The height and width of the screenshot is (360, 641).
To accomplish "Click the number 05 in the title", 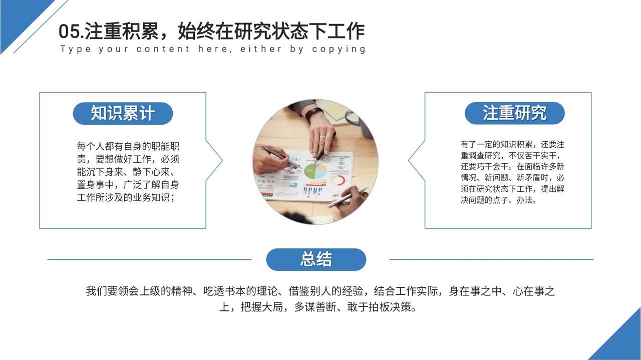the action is click(x=69, y=32).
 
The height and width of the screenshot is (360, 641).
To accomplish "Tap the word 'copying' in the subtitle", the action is click(x=339, y=49).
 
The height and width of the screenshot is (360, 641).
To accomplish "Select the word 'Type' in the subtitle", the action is click(x=76, y=49).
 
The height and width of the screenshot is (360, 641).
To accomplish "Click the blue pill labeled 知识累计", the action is click(x=123, y=113).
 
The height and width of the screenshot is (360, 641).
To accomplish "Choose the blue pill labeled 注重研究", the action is click(x=514, y=113).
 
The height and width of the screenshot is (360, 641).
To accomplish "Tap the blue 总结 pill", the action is click(x=316, y=259).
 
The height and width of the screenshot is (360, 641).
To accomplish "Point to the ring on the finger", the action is click(x=322, y=137).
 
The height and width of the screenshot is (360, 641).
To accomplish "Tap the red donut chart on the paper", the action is click(x=338, y=180).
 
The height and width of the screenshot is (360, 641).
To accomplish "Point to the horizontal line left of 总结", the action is click(x=149, y=259).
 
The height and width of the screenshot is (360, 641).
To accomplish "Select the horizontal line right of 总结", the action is click(x=491, y=259).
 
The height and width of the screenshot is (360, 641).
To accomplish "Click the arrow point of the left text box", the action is click(x=222, y=160).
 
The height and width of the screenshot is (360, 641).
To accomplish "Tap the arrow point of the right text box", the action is click(x=408, y=160).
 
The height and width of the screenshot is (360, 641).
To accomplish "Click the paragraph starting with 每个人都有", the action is click(x=128, y=172).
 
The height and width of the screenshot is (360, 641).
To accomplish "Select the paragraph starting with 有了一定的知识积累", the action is click(x=512, y=172).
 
